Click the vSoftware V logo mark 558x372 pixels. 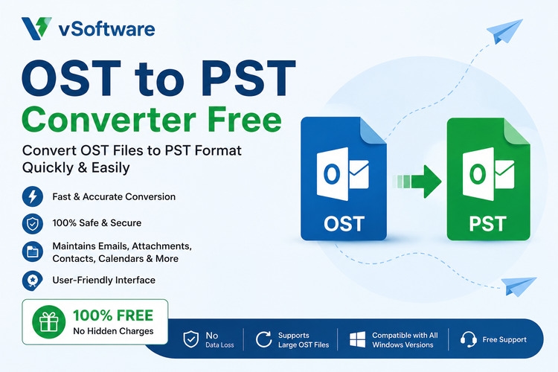(36, 28)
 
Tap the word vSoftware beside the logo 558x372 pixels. (106, 29)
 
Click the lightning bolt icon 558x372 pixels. (33, 196)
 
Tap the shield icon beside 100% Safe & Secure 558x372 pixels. (33, 224)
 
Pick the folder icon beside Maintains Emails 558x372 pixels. (33, 251)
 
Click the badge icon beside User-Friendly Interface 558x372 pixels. (33, 280)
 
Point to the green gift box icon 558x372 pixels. (49, 322)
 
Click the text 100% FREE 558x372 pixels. (113, 315)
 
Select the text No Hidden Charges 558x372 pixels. (113, 331)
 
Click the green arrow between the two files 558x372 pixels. (417, 182)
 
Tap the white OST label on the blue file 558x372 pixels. (344, 223)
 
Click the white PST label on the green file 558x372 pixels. (487, 223)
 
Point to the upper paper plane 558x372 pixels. (504, 31)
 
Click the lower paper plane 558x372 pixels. (519, 286)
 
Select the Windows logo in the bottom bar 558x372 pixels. (357, 339)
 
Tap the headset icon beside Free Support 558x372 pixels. (468, 339)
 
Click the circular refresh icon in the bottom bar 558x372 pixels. (263, 339)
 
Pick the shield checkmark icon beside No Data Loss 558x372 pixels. (190, 339)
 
